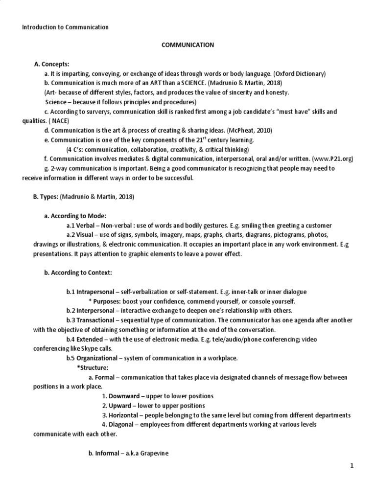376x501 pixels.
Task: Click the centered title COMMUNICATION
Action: tap(188, 45)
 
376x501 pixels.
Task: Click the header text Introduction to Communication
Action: tap(65, 27)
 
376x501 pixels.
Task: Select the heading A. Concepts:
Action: tap(52, 64)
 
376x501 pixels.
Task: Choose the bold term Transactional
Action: tap(98, 320)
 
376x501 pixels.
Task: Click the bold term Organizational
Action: tap(101, 358)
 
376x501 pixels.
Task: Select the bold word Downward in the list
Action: tap(119, 396)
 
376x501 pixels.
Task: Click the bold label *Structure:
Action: tap(93, 367)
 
